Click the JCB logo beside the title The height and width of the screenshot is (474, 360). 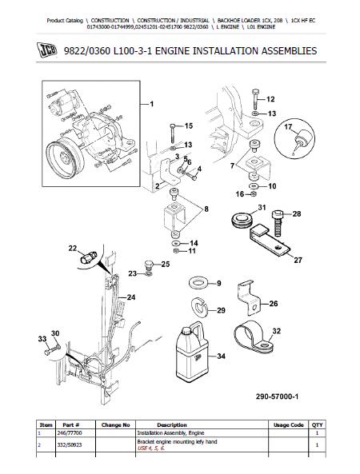(47, 50)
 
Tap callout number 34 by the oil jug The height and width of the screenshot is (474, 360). (221, 356)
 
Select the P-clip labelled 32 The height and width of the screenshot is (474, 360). (253, 339)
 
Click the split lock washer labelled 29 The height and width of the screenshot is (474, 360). (199, 308)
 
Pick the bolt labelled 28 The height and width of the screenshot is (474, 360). (278, 223)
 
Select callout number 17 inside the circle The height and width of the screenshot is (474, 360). (288, 126)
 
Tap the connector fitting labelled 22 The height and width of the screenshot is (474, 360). (88, 257)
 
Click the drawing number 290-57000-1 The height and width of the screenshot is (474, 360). (277, 396)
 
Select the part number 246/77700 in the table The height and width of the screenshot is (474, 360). (70, 433)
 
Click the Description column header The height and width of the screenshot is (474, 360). (172, 424)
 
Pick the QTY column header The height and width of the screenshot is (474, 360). (317, 424)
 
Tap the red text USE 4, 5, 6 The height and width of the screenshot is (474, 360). (151, 448)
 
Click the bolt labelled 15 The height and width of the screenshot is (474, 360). (173, 133)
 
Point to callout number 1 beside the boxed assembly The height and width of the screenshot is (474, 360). (152, 104)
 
